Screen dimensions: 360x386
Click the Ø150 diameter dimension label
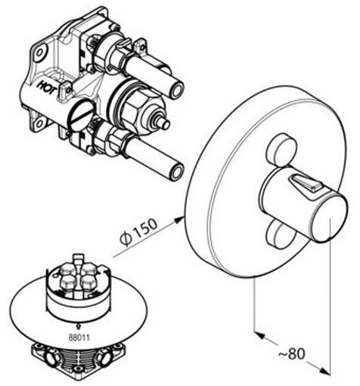[138, 232]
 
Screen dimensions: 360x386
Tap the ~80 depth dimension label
[292, 353]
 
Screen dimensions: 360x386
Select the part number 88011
[79, 338]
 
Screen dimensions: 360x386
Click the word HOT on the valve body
[46, 88]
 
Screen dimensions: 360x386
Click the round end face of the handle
[328, 216]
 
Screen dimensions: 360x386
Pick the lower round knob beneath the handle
[280, 233]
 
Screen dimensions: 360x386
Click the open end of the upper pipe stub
[177, 89]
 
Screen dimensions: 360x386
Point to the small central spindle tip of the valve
[166, 125]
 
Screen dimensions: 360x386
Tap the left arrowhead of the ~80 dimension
[259, 335]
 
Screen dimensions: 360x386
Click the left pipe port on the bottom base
[51, 359]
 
